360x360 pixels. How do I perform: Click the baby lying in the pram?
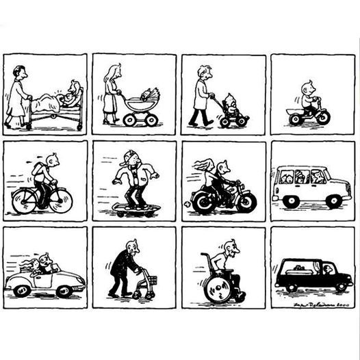click(146, 95)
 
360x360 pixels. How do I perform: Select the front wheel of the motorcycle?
click(245, 201)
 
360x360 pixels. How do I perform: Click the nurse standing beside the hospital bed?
click(18, 96)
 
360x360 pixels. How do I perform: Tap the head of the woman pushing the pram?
click(114, 71)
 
